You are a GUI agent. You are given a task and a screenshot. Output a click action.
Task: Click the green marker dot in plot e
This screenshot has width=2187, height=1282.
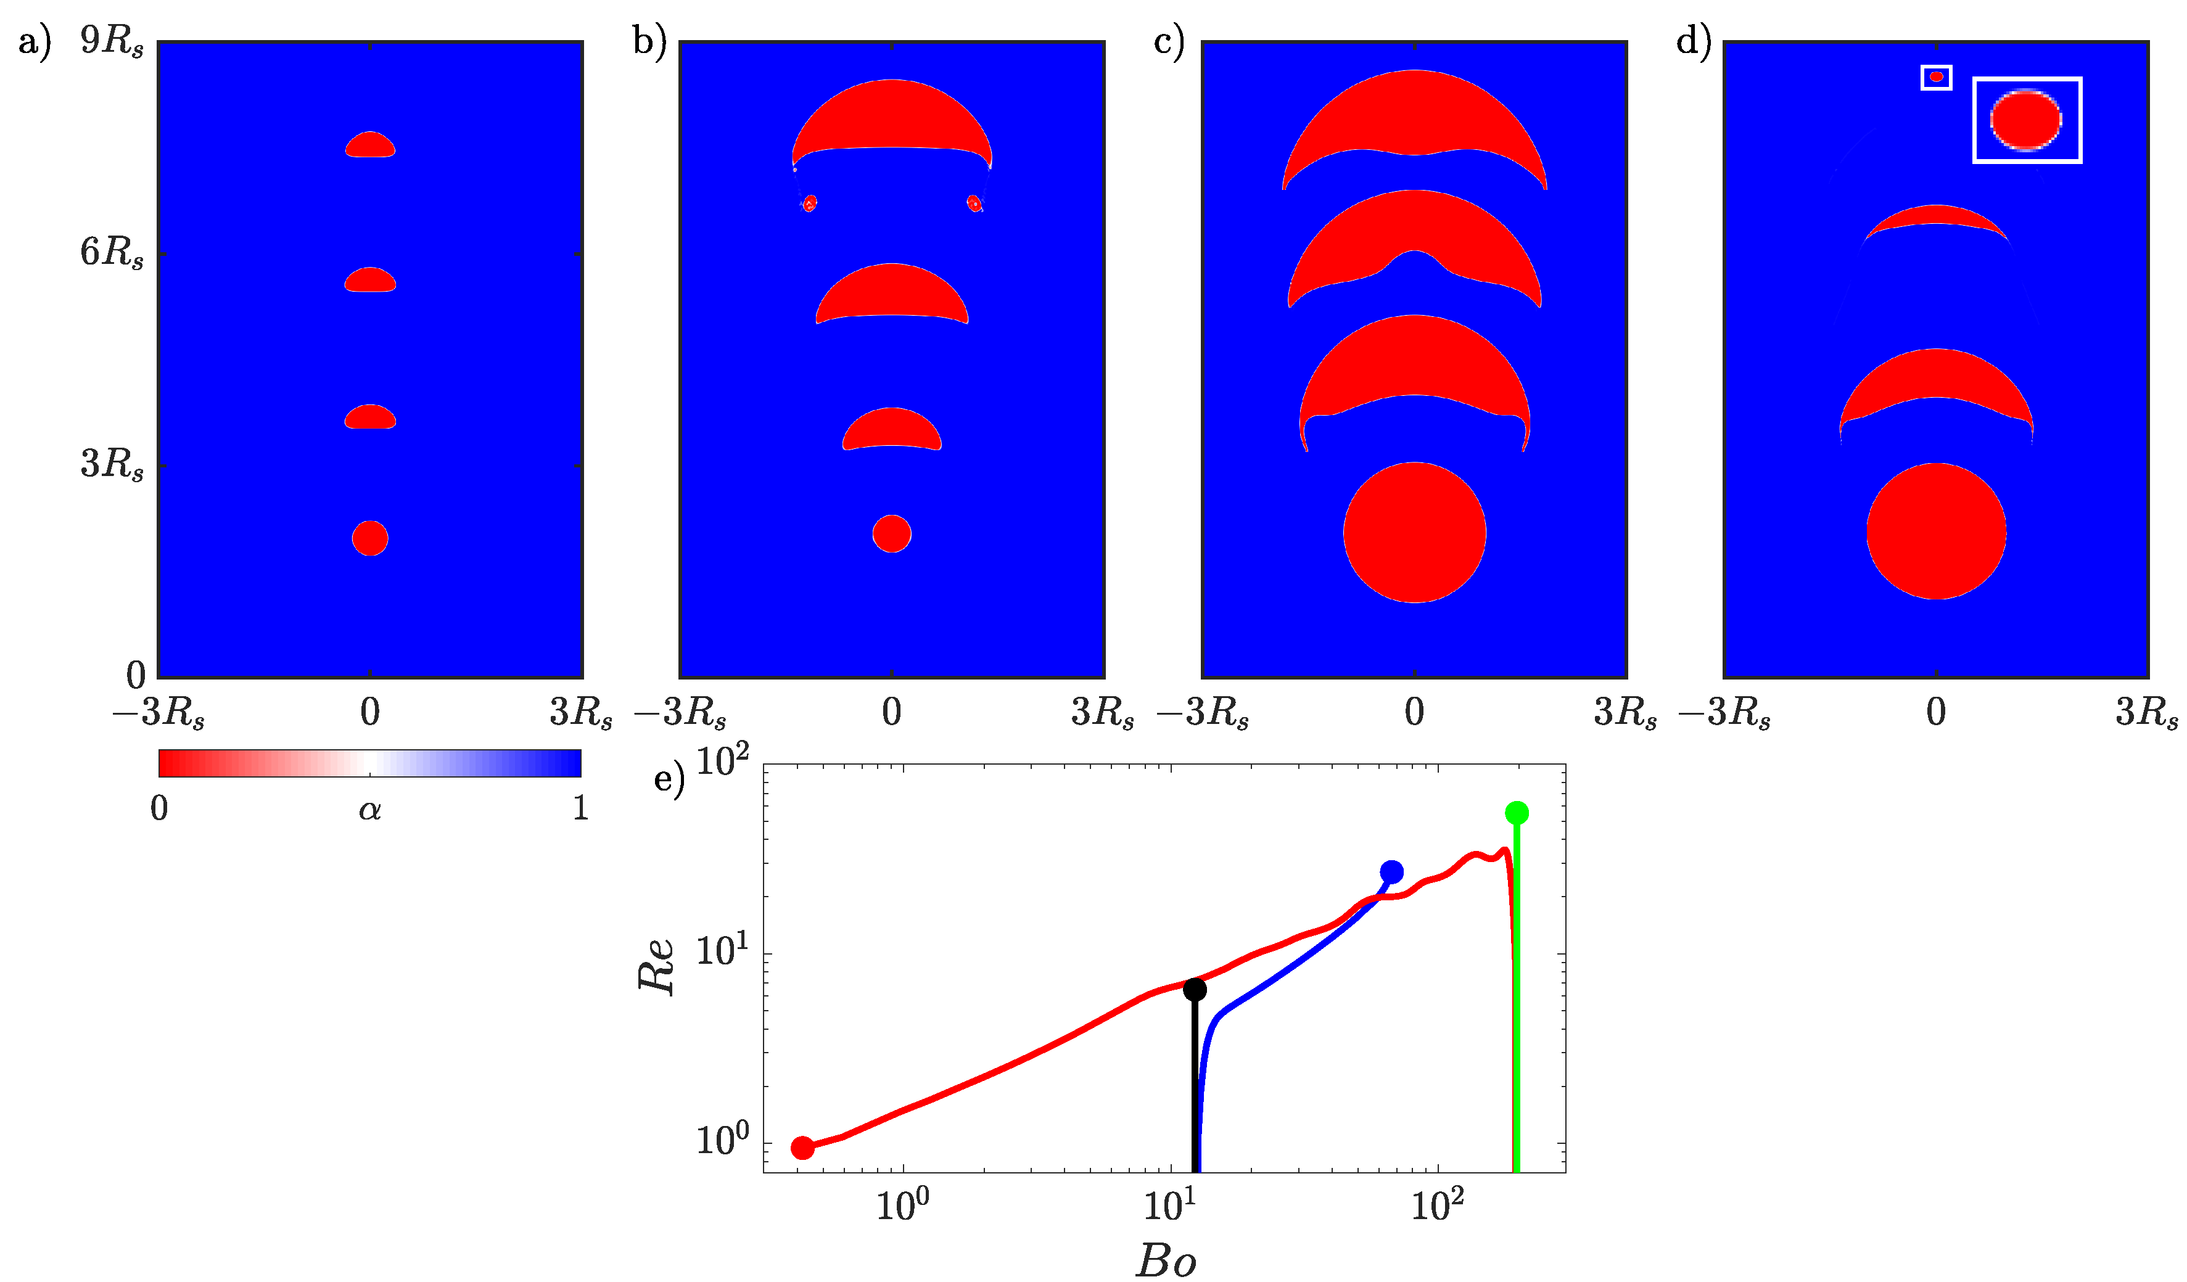tap(1516, 812)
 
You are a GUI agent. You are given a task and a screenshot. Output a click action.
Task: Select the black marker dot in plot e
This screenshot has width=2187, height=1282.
tap(1195, 988)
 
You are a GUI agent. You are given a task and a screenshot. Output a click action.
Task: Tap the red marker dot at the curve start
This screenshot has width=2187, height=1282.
tap(803, 1148)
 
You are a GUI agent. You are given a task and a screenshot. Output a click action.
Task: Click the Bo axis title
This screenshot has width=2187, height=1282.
tap(1166, 1260)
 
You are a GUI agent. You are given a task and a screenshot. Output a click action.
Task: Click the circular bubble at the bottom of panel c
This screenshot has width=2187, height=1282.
tap(1415, 532)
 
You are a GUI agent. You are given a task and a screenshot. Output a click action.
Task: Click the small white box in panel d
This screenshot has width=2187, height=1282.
tap(1936, 77)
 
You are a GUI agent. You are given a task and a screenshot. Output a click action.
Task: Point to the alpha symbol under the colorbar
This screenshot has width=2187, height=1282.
tap(369, 810)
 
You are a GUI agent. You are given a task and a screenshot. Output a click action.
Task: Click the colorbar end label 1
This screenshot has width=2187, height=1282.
tap(580, 808)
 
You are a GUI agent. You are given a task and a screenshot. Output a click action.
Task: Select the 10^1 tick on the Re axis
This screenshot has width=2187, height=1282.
tap(722, 951)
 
